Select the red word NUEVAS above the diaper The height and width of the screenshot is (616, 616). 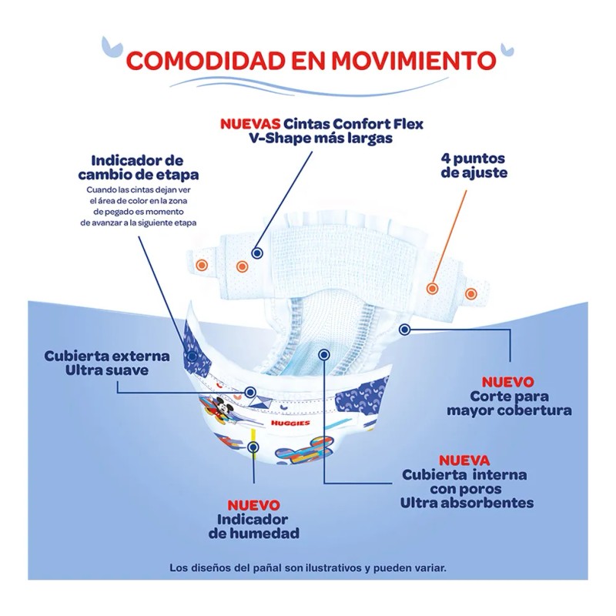(249, 123)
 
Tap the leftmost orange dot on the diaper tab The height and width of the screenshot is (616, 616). (202, 264)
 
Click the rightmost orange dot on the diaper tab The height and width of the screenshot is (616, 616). (470, 293)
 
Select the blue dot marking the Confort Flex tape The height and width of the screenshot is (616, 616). (257, 253)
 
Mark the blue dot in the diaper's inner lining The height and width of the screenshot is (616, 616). (324, 354)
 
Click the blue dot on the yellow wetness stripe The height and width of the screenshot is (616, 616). (254, 445)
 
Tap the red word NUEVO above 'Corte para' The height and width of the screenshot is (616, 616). (507, 382)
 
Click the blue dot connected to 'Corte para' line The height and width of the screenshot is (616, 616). (405, 329)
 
